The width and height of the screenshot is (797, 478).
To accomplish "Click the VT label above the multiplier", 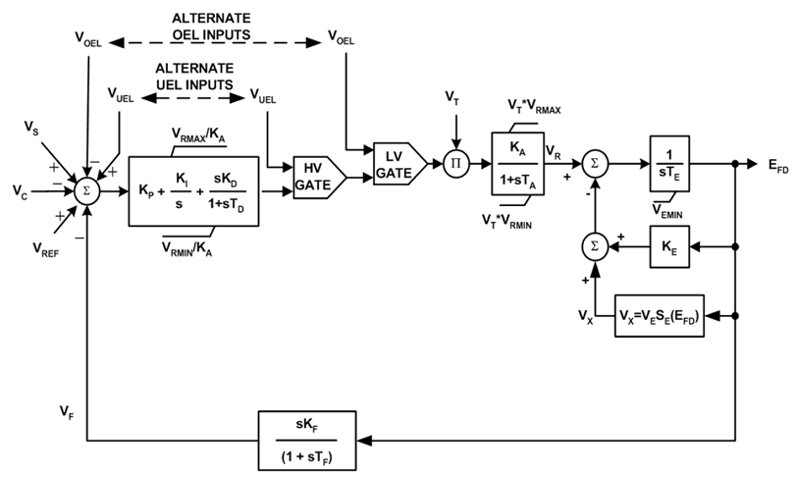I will (452, 97).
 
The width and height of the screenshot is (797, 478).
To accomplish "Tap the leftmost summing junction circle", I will (87, 189).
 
